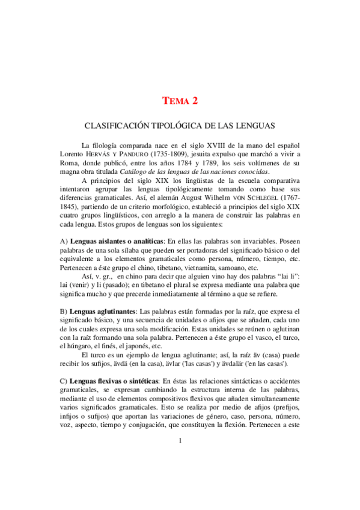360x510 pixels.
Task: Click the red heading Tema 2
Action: pos(180,101)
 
